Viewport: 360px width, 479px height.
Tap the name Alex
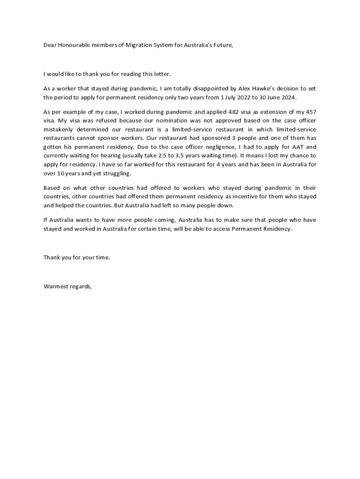click(238, 88)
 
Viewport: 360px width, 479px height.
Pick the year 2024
click(288, 98)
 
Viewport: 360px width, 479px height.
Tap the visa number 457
click(310, 112)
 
